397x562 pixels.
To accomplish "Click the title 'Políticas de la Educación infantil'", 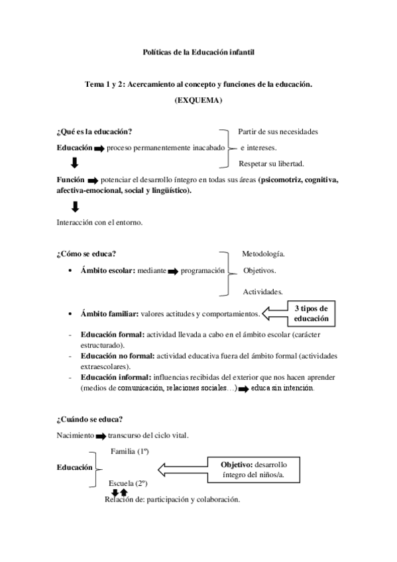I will tap(198, 52).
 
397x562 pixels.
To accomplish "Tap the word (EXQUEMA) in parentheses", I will tap(198, 100).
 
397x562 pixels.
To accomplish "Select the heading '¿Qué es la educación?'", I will tap(99, 131).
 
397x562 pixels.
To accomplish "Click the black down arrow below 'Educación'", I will tap(75, 163).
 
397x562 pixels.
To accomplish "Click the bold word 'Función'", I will tap(71, 180).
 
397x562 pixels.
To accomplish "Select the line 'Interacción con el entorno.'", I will tap(99, 223).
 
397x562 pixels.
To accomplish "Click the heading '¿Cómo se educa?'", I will tap(87, 254).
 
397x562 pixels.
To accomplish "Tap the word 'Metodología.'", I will tap(263, 254).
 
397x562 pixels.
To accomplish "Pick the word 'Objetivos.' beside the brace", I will tap(260, 270).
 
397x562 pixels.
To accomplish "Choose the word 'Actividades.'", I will tap(262, 291).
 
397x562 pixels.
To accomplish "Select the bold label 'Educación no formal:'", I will tap(112, 357).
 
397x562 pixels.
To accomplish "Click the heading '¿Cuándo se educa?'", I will tap(89, 419).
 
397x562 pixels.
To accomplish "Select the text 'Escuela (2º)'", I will tap(128, 484).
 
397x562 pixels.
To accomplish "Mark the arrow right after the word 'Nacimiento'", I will tap(100, 436).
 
